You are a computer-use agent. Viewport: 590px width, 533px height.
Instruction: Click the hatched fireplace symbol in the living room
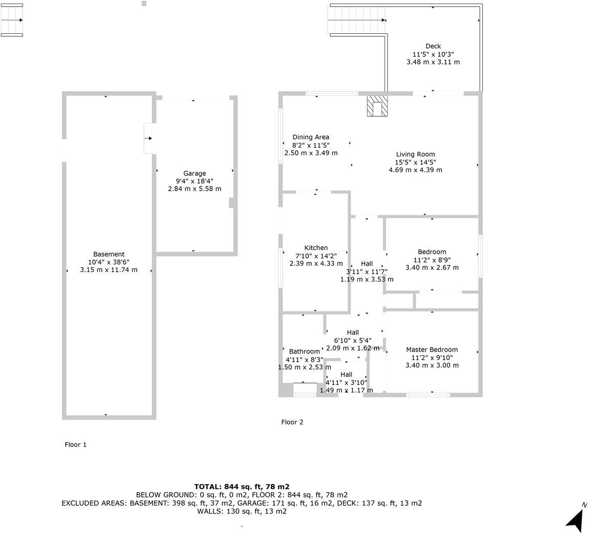click(x=377, y=106)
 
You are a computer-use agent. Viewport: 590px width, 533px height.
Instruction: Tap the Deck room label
click(x=433, y=46)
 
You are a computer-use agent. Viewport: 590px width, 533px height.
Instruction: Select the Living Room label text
click(x=415, y=154)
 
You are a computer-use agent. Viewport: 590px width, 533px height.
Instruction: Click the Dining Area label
click(x=311, y=137)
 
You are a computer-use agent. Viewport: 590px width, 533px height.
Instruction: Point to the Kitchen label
click(x=316, y=248)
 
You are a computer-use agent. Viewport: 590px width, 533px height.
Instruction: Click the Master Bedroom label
click(x=432, y=350)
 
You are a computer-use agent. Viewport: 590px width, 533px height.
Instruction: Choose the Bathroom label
click(x=304, y=352)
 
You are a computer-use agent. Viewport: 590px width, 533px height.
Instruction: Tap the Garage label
click(x=195, y=174)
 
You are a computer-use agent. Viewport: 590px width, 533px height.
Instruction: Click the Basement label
click(x=109, y=254)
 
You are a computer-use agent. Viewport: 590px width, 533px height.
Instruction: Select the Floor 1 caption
click(x=75, y=445)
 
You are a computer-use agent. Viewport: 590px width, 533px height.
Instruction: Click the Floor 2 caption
click(x=292, y=422)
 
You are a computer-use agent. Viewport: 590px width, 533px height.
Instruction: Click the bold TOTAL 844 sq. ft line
click(x=242, y=487)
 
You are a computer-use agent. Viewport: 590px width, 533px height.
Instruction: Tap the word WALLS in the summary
click(x=210, y=511)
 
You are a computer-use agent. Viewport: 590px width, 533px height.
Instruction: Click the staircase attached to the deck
click(x=356, y=20)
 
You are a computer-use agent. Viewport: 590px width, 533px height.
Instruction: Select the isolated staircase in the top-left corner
click(x=12, y=20)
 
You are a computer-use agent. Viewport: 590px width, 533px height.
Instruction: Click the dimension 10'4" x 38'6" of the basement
click(x=109, y=262)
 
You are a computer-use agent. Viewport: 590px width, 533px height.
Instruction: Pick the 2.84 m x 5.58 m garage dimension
click(x=195, y=189)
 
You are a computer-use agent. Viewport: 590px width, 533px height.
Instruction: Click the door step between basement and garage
click(x=149, y=138)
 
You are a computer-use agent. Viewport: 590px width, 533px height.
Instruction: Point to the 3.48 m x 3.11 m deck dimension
click(x=433, y=62)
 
